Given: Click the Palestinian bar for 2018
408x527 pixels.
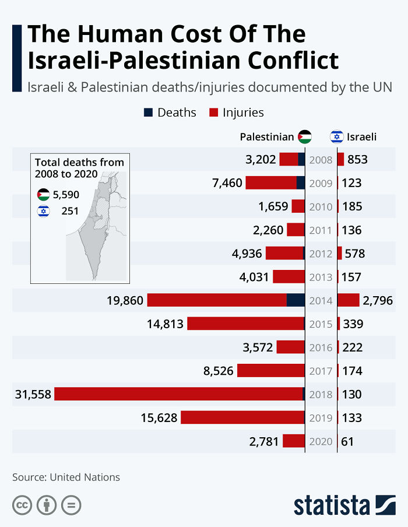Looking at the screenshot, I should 180,394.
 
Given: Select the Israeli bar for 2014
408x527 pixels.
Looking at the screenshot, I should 348,300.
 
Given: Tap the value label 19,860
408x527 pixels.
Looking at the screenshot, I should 125,300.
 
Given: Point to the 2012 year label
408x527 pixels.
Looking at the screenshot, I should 321,254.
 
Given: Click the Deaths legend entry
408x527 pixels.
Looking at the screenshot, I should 170,113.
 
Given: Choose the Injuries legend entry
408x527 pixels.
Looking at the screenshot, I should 236,113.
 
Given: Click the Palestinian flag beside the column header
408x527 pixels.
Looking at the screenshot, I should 304,137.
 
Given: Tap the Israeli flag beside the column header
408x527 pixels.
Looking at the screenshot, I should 336,137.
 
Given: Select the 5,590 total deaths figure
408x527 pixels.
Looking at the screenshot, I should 66,195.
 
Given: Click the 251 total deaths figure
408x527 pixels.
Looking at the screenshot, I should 70,211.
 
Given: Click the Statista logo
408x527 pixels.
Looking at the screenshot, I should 344,504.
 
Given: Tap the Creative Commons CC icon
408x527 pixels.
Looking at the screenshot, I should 22,505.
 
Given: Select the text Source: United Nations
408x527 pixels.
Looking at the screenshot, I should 66,477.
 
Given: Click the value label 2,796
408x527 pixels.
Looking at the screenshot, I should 378,300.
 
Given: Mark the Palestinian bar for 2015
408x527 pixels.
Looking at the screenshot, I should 246,324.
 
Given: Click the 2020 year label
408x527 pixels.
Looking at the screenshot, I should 321,441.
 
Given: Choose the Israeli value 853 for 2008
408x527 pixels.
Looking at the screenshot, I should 357,160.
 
